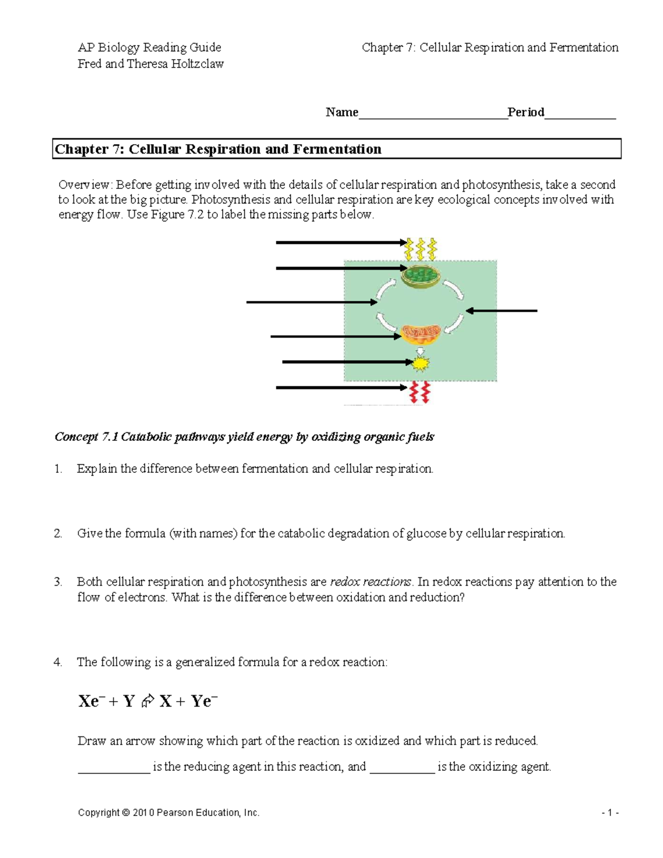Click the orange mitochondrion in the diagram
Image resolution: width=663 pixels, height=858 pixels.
point(420,334)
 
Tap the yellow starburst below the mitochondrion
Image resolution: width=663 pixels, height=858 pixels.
point(421,363)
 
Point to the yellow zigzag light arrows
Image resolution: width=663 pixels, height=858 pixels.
point(421,249)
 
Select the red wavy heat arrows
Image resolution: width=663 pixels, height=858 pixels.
point(419,392)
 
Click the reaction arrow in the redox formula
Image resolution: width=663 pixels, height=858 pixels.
point(147,702)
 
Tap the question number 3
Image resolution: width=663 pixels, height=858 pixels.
point(58,582)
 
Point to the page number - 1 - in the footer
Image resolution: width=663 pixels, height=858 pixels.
point(610,813)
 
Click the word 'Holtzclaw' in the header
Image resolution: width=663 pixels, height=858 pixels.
point(197,64)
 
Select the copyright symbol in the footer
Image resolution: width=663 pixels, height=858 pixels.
point(125,813)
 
